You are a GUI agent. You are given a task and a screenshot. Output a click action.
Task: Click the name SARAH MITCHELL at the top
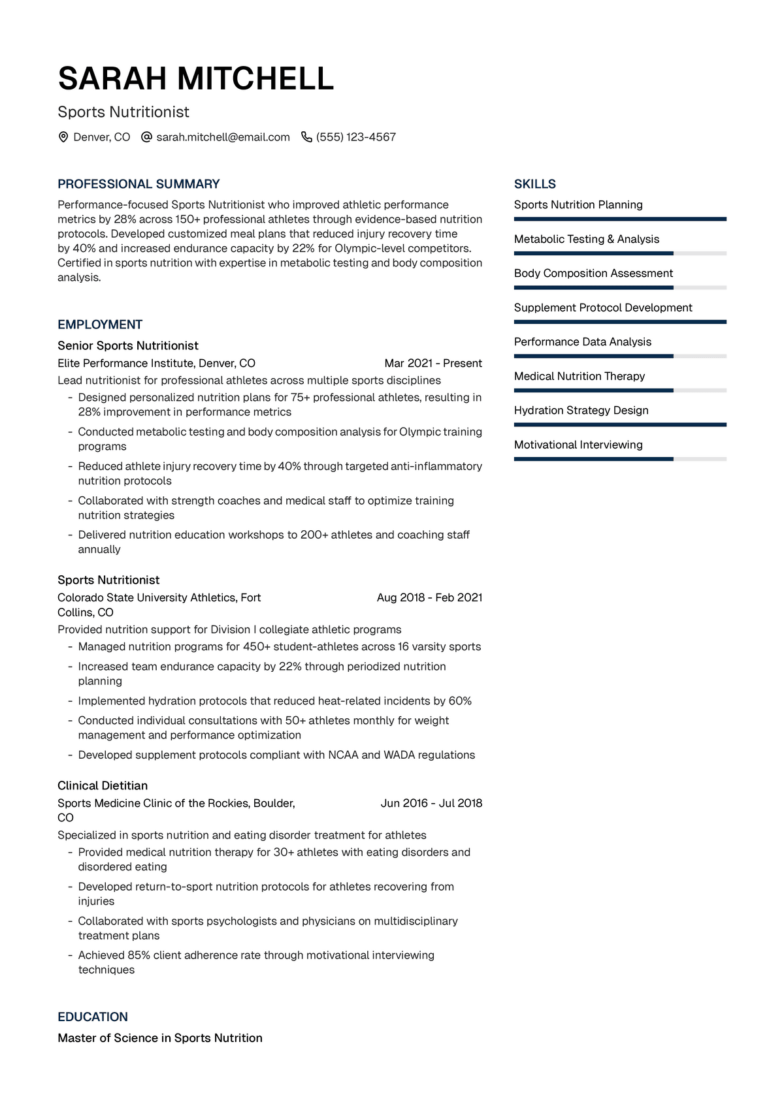196,79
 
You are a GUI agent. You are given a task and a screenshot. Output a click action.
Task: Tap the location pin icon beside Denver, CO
63,137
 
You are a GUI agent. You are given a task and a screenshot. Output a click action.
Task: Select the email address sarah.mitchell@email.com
223,137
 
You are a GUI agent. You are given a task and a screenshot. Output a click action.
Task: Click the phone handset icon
306,137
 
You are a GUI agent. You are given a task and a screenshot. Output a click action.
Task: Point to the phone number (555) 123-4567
356,137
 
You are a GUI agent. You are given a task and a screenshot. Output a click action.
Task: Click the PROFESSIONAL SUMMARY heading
139,184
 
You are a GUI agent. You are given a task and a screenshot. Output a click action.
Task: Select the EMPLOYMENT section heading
100,324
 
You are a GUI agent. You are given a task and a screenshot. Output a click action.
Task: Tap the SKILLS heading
535,184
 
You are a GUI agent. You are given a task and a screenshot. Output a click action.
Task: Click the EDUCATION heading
93,1017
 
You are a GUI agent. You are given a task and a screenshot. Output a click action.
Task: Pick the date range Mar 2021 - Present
433,363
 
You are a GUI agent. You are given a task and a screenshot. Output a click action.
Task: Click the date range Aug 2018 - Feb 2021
429,597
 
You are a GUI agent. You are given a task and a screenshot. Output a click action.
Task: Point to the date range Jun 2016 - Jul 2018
431,803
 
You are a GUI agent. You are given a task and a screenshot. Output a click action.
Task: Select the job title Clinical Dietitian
103,785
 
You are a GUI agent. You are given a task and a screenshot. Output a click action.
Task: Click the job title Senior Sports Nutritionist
128,345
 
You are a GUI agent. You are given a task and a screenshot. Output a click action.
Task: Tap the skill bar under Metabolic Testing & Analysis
619,253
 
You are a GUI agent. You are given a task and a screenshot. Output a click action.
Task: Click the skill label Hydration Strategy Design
581,410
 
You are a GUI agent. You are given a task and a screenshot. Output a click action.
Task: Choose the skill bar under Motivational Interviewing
619,459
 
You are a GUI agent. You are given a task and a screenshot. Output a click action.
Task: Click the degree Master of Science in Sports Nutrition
160,1037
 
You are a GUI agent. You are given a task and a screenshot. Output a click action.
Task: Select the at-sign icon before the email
147,137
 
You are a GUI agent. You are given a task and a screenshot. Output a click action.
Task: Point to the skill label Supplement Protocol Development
603,308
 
